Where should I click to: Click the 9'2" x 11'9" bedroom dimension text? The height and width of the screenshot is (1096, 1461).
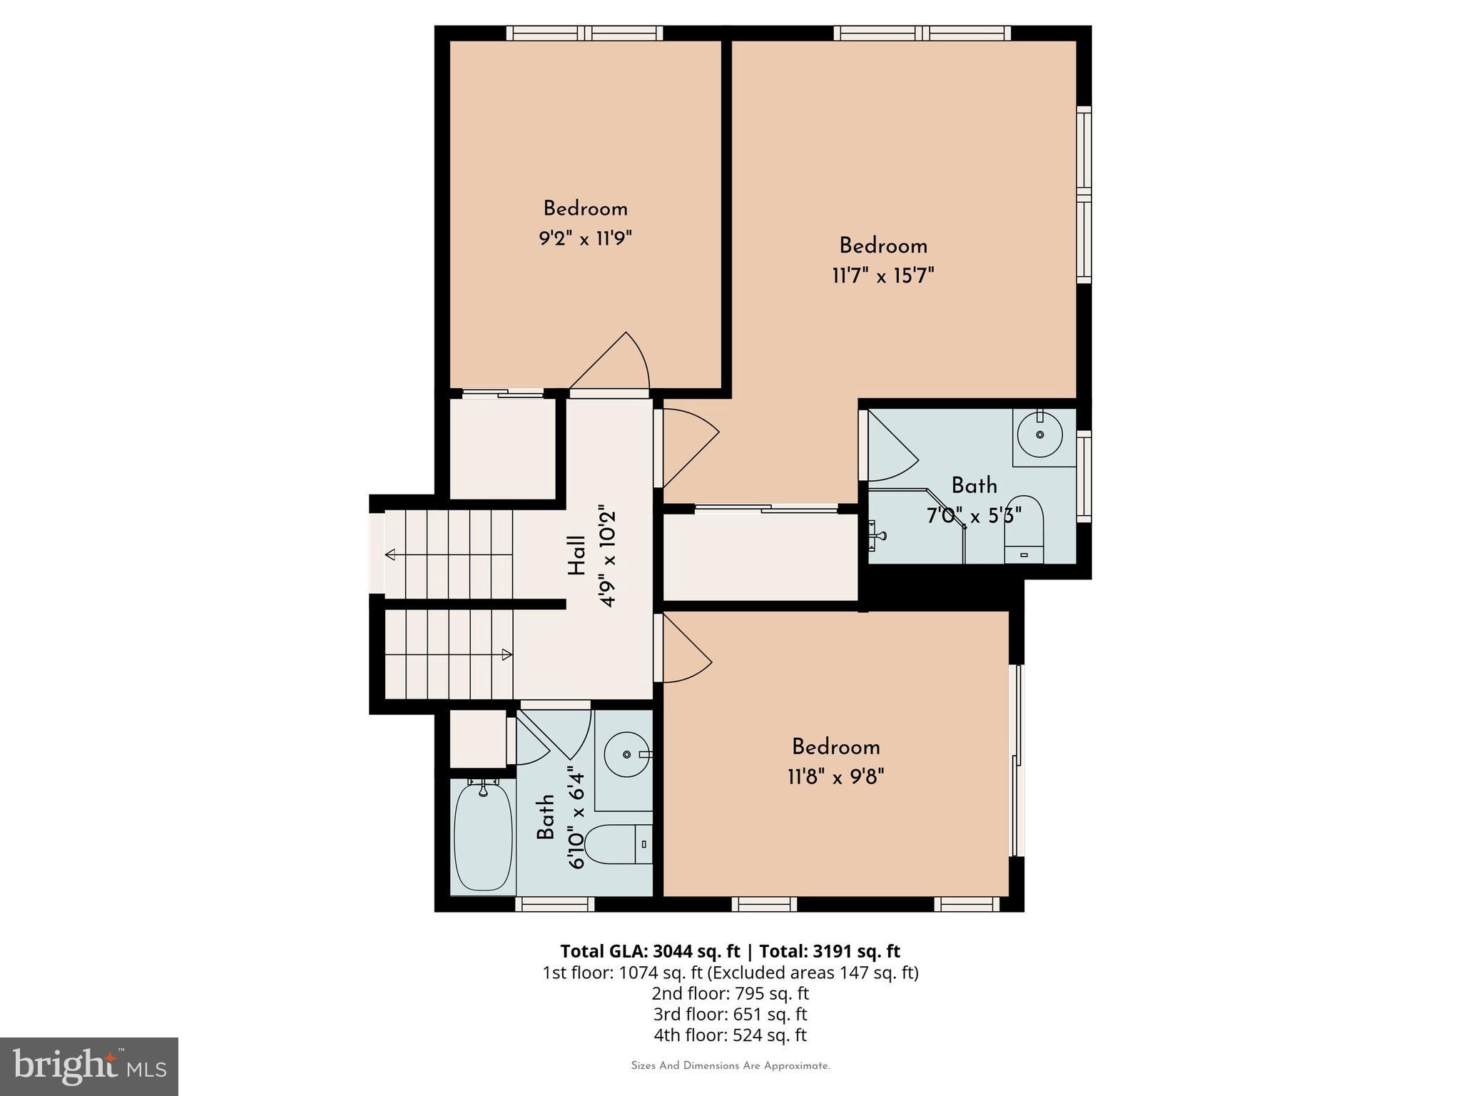point(585,238)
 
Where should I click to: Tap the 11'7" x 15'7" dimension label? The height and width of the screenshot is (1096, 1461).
point(883,275)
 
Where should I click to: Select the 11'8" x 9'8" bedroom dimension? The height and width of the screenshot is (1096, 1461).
point(835,776)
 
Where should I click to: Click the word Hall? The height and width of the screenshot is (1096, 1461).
point(576,556)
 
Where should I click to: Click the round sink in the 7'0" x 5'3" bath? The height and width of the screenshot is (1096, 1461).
point(1039,434)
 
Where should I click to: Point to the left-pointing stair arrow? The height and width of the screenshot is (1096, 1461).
point(390,554)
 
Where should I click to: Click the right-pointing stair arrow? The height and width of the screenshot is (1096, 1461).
point(506,654)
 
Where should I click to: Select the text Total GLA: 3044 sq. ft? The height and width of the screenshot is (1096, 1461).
point(650,951)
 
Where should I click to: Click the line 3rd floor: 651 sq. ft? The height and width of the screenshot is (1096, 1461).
point(730,1014)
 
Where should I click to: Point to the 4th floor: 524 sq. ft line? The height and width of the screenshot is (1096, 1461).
point(730,1035)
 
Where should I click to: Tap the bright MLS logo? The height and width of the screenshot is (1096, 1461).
point(89,1067)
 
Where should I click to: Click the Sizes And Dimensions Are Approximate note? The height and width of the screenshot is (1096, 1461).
point(730,1066)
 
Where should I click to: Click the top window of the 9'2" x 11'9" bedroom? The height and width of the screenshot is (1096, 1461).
point(584,33)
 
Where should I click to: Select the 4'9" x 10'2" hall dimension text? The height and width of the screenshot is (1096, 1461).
point(606,556)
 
